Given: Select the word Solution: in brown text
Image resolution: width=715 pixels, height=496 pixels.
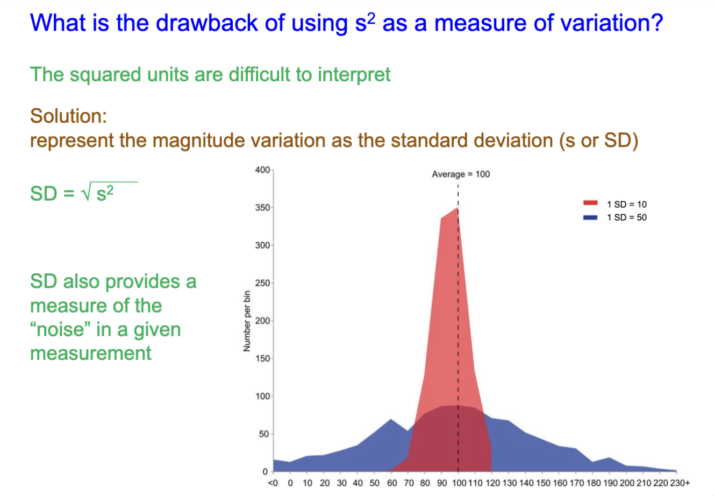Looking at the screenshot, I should tap(68, 116).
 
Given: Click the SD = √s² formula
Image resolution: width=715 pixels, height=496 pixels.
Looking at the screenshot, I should tap(73, 193).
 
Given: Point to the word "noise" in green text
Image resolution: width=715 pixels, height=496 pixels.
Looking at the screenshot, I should tap(60, 329).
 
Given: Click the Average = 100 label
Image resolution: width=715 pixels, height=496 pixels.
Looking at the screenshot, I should tap(461, 174).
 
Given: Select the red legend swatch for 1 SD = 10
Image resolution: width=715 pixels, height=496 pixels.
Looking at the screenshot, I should tap(590, 204).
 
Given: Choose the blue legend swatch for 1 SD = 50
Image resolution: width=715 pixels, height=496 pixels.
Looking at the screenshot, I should tap(590, 217).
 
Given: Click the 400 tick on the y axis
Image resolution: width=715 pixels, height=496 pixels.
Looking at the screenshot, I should tap(262, 170).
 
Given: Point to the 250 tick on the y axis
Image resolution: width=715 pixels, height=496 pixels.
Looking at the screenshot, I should tap(262, 283).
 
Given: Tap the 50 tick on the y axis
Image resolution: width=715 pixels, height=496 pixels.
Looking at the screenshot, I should tap(264, 434).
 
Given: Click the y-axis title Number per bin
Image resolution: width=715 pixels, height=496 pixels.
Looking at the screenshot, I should tap(247, 321).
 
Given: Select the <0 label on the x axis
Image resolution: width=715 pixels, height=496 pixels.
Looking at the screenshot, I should tap(273, 483).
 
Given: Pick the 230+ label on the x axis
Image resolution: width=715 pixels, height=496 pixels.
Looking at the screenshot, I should tap(680, 483).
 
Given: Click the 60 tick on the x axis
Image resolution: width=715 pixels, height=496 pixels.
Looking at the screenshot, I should tap(392, 483).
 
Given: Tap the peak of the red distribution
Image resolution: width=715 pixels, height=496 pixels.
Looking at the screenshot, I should tap(457, 208).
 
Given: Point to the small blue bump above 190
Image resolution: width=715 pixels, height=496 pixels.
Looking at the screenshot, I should tap(610, 458).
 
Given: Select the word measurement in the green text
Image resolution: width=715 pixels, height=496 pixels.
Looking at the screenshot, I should tap(91, 353).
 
